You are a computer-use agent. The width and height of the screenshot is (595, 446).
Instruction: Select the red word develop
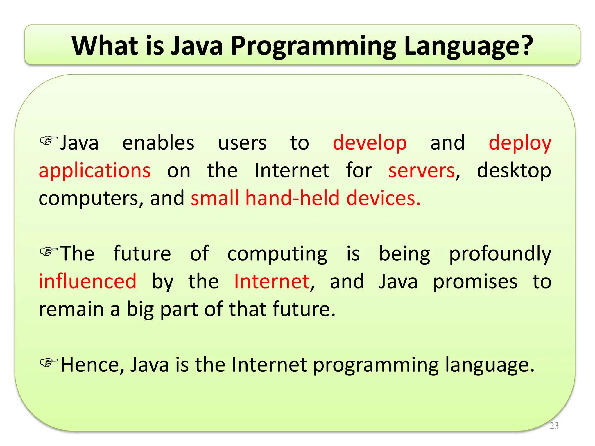coord(369,143)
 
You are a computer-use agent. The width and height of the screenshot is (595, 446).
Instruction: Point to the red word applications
coord(95,171)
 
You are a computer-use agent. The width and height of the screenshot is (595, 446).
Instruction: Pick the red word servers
coord(421,170)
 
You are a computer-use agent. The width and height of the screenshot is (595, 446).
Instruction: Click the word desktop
coord(514,171)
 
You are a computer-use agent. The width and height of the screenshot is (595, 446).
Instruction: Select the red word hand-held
coord(292,198)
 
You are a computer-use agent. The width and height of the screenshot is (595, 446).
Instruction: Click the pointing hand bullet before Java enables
coord(49,141)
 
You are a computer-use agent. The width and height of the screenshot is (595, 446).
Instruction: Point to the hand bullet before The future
coord(49,251)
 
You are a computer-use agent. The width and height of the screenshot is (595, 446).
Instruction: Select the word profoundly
coord(500,254)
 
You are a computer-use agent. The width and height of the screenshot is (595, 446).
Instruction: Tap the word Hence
coord(92,365)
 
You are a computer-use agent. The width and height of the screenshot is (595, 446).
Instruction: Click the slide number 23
coord(554,426)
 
